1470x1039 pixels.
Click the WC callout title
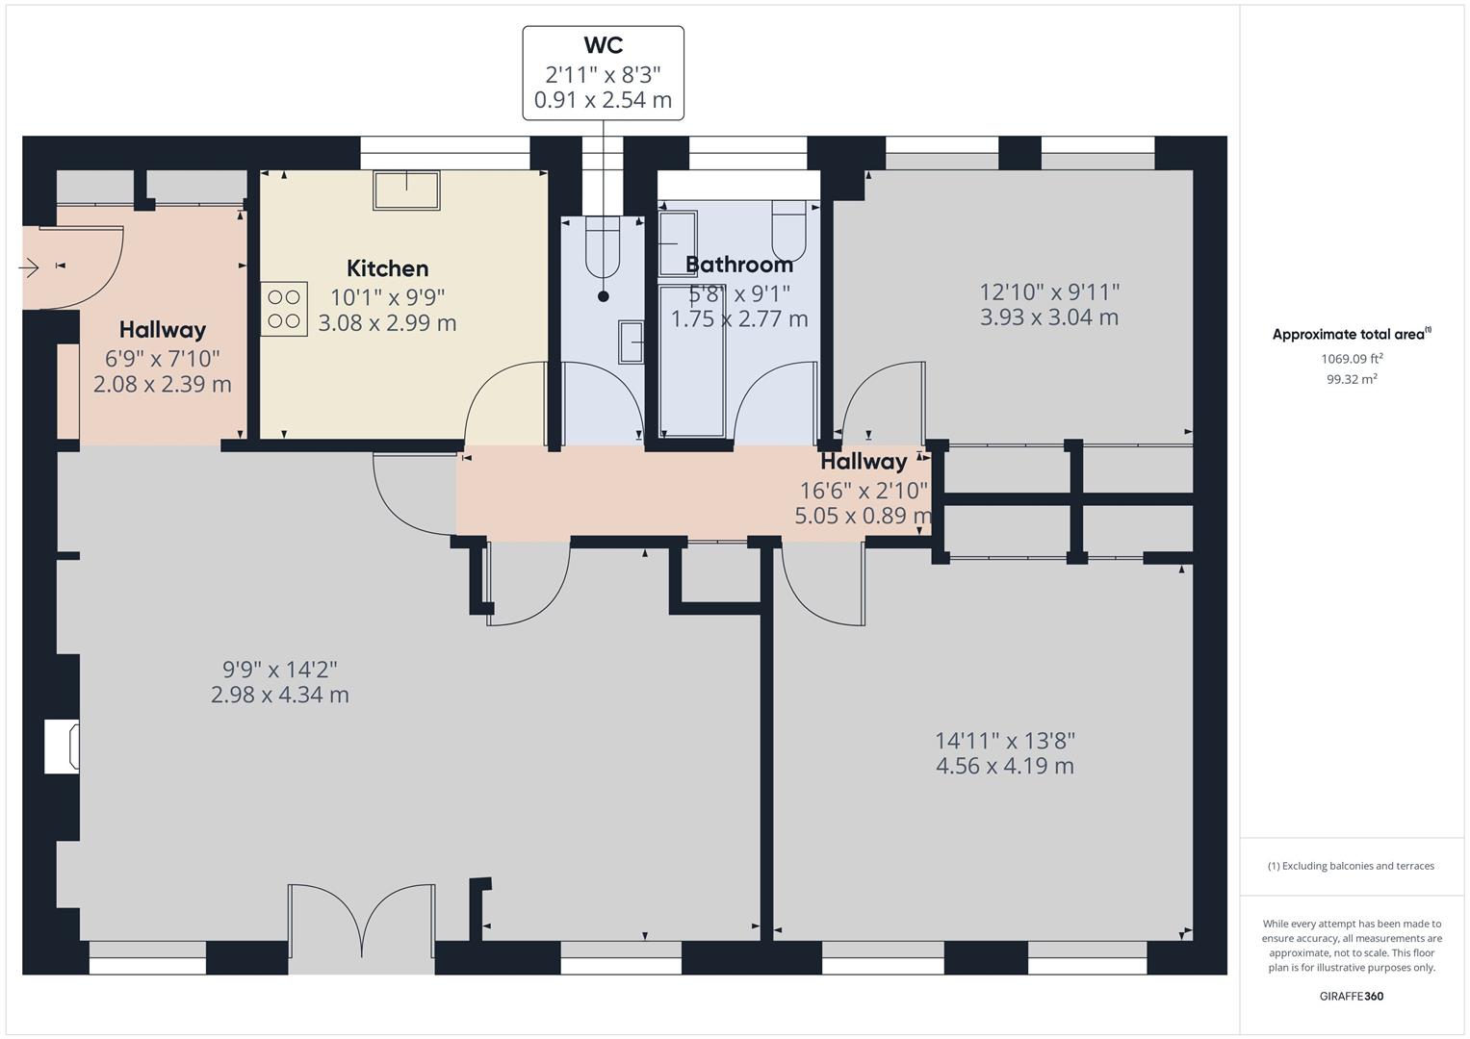(x=603, y=45)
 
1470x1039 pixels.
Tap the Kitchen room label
(x=387, y=268)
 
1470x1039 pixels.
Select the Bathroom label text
(x=739, y=265)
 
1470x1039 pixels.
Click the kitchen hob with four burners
(x=284, y=309)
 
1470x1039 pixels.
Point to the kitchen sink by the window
(x=406, y=190)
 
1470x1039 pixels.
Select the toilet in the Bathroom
(x=788, y=229)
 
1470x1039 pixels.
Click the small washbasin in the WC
(x=632, y=342)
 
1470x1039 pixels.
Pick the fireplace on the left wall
(x=63, y=747)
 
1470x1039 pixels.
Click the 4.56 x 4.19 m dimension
(x=1004, y=767)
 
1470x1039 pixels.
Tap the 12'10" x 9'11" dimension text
(x=1049, y=291)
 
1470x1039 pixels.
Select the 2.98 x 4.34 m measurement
(x=279, y=695)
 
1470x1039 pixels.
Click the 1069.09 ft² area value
(x=1352, y=358)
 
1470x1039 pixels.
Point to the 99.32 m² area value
(x=1352, y=379)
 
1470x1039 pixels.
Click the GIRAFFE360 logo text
(x=1351, y=996)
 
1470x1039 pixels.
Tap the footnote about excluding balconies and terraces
(x=1351, y=866)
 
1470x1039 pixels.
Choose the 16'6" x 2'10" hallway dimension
(x=864, y=490)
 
